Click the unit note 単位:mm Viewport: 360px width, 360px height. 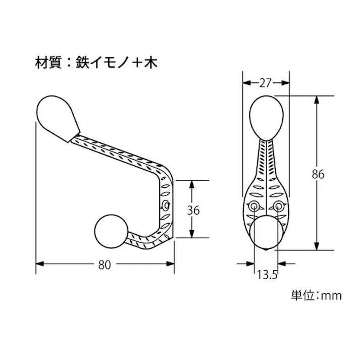click(x=316, y=295)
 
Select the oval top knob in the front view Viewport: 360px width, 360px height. click(x=267, y=117)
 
